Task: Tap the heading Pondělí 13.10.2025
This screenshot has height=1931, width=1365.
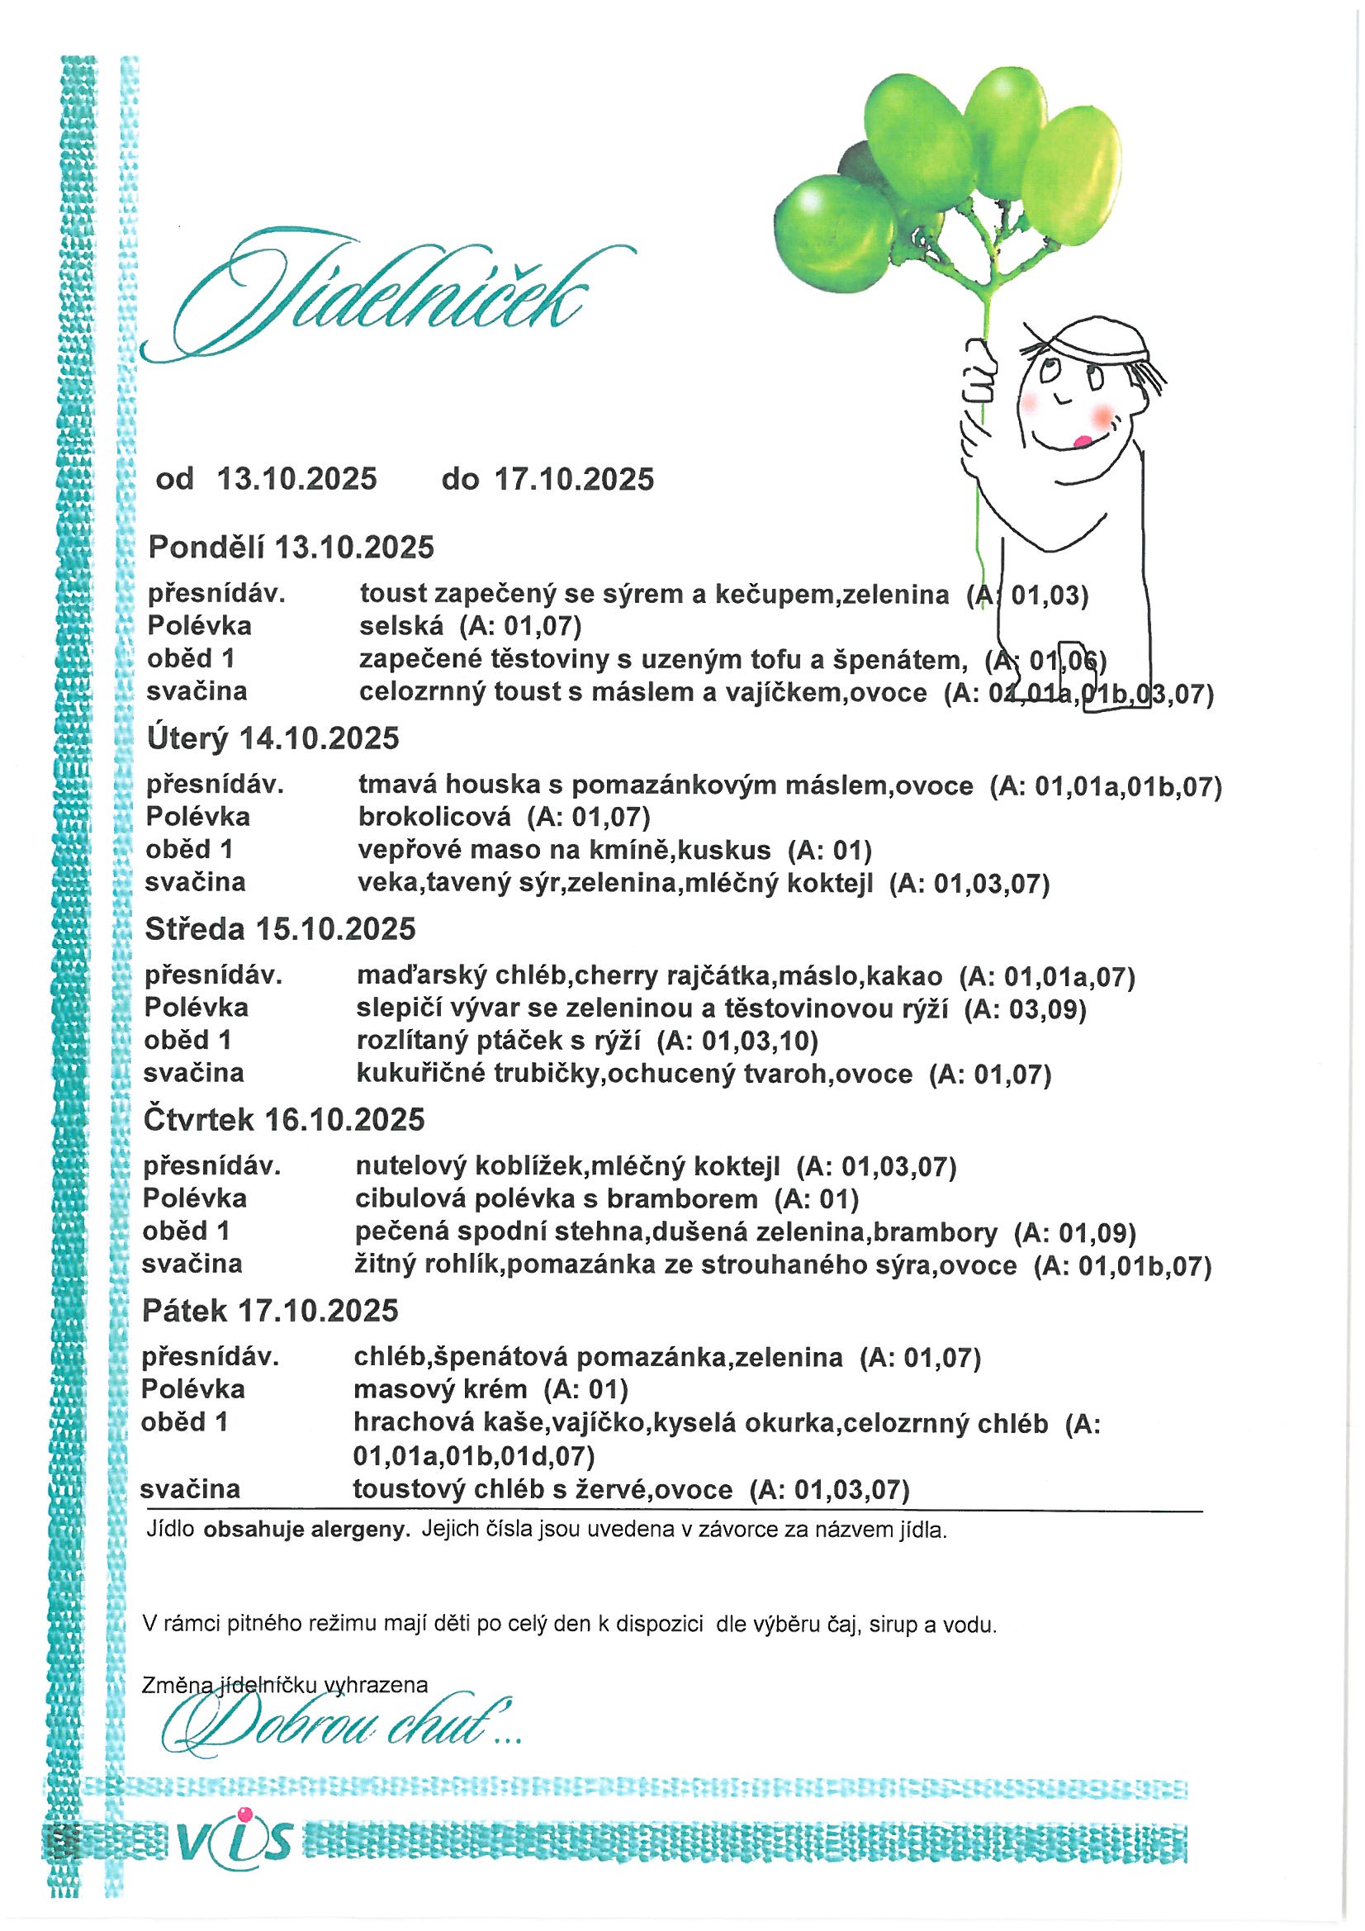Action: (x=291, y=548)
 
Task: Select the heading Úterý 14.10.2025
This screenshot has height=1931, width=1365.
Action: (x=273, y=738)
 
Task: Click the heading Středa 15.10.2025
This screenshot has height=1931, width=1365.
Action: (x=280, y=929)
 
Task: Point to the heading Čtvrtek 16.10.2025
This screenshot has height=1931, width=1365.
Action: (x=284, y=1120)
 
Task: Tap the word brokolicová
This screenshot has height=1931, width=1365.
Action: (x=434, y=817)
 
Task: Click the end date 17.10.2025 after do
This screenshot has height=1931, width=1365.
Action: (x=574, y=479)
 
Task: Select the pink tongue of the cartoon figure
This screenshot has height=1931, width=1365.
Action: (x=1083, y=440)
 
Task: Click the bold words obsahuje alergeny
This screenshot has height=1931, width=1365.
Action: (x=307, y=1530)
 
